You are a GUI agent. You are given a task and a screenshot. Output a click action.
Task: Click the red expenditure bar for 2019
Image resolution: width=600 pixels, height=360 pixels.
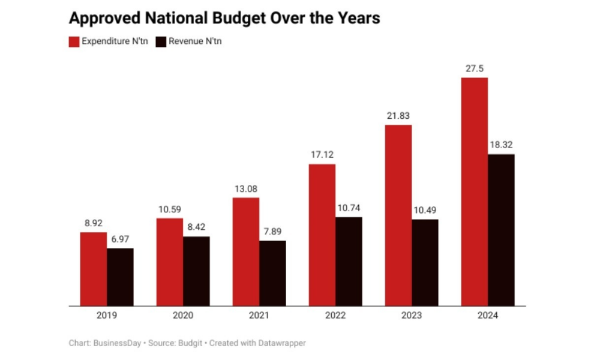point(94,269)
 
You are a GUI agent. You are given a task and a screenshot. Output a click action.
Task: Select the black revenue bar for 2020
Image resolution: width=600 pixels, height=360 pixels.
point(196,271)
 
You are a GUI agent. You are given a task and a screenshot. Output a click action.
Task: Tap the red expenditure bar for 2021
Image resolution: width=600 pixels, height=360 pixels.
point(246,251)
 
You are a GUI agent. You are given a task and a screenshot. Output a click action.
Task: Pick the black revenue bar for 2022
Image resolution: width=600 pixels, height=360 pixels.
point(349,262)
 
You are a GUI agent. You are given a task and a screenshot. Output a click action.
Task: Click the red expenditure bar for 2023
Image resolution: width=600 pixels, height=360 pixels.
point(398,215)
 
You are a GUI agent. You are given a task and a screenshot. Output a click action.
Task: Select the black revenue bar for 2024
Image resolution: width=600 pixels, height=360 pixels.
point(501,230)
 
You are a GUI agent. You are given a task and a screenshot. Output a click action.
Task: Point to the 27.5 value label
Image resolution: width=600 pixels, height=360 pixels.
point(474,68)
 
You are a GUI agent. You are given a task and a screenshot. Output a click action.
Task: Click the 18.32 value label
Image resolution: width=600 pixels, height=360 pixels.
point(501,145)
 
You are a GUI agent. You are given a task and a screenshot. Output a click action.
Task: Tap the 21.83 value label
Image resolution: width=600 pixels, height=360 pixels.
point(398,116)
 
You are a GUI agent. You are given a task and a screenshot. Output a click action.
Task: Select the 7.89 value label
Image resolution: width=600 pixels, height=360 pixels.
point(272,232)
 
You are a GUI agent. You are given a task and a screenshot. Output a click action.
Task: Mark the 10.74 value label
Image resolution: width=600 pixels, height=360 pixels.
point(349,208)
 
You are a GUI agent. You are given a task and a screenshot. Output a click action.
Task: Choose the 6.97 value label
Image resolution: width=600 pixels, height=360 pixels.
point(120,239)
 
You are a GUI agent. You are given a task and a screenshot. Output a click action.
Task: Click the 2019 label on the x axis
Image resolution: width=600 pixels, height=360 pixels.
point(106,316)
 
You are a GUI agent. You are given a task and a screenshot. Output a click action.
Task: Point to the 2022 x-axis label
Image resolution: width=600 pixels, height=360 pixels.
point(335,316)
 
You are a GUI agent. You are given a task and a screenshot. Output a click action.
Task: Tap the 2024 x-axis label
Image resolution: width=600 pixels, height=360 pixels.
point(488,316)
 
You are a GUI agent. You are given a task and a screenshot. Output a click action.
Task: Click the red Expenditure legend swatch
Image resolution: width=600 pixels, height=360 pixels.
point(74,42)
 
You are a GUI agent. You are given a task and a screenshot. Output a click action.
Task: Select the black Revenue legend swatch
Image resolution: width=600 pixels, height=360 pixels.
point(161,42)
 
